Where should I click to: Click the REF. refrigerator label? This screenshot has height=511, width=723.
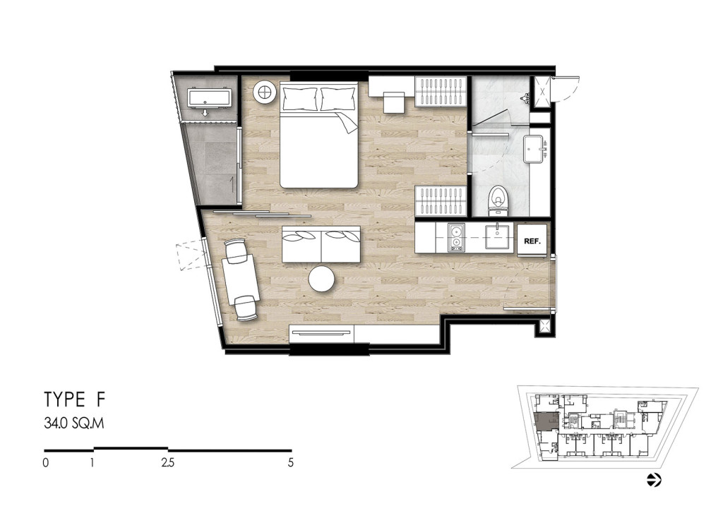(532, 241)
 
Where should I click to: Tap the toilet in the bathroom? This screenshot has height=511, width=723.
(498, 200)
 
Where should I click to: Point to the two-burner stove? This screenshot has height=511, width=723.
(455, 238)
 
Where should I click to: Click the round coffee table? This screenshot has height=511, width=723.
(321, 279)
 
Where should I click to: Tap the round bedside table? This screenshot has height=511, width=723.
(264, 92)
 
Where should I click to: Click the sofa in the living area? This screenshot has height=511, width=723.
(321, 244)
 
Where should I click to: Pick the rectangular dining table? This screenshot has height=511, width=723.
(240, 281)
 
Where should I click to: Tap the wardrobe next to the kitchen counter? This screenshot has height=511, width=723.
(441, 201)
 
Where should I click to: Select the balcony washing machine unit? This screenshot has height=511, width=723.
(209, 99)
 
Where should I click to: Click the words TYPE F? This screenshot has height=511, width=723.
(75, 399)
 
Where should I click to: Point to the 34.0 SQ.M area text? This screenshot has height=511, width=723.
(73, 423)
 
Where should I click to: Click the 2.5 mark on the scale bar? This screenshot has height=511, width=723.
(168, 462)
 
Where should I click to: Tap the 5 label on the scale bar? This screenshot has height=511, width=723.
(290, 462)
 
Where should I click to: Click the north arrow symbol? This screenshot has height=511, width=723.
(654, 480)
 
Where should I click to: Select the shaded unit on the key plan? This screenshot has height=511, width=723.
(546, 421)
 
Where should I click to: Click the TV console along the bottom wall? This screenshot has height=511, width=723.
(321, 334)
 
